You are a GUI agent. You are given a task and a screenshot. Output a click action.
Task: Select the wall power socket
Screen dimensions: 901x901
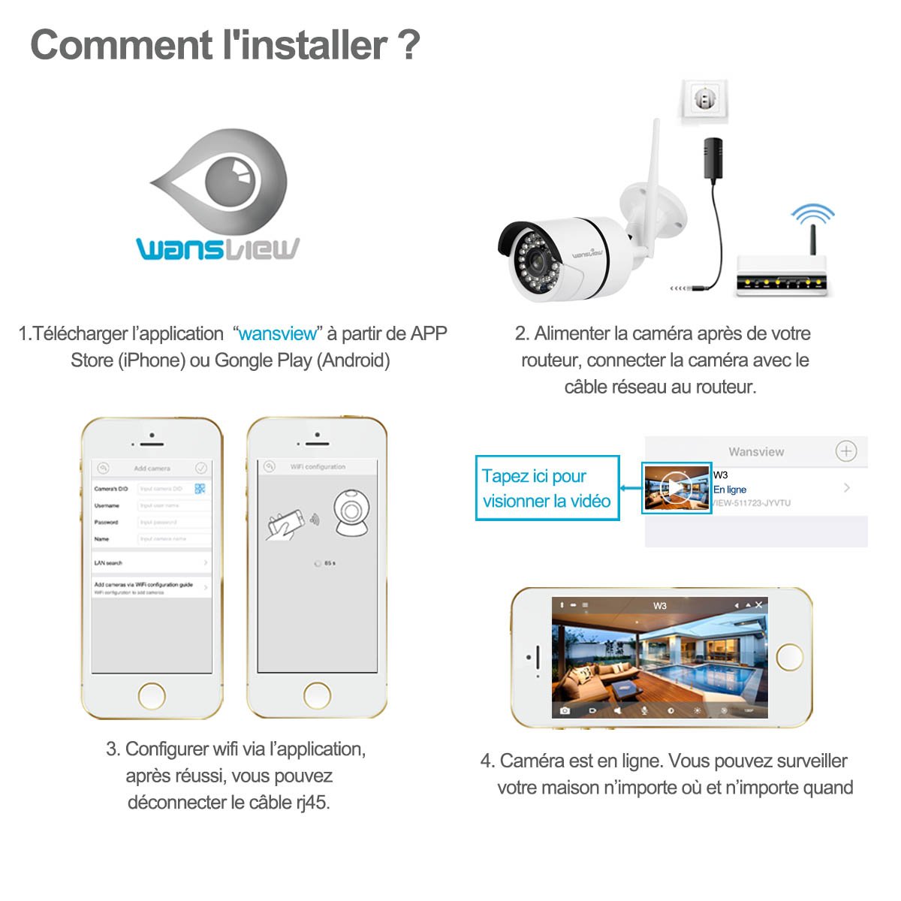703,102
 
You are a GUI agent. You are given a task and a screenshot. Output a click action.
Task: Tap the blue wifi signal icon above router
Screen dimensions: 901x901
812,215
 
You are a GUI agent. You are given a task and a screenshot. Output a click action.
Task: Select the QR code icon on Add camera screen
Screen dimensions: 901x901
200,489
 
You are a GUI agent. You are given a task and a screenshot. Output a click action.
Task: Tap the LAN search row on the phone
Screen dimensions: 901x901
150,562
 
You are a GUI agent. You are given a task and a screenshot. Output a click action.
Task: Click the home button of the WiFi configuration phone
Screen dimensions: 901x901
317,695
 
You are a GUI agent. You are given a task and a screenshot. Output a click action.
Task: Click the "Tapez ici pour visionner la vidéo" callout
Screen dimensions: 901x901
547,488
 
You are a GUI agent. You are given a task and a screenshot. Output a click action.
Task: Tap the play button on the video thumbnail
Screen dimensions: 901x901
676,488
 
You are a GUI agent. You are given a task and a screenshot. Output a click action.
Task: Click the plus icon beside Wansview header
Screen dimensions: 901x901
845,451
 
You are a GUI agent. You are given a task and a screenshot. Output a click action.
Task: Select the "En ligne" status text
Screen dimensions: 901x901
730,490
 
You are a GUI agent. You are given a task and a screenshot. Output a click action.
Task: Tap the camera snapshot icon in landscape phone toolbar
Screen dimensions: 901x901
565,710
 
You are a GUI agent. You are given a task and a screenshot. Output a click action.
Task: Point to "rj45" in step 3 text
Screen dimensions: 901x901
311,803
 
